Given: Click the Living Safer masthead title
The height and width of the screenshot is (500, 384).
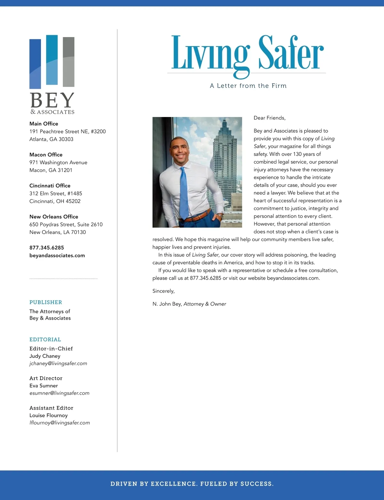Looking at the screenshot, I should (x=247, y=53).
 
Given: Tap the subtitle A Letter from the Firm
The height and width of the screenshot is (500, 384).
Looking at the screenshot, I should (x=248, y=86).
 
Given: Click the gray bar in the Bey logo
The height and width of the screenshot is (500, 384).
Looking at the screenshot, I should (x=68, y=62).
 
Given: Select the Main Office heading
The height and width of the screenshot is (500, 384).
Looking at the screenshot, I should (x=44, y=124).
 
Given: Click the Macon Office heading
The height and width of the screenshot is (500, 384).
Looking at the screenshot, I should (x=46, y=155).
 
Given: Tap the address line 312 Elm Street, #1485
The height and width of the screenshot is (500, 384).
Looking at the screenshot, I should (x=56, y=193).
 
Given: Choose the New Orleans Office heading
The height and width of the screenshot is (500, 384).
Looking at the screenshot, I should (x=54, y=217).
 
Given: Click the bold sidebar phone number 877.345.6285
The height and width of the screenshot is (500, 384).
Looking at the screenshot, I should (x=47, y=248).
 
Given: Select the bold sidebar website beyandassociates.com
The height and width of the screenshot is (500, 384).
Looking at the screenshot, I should (x=57, y=255).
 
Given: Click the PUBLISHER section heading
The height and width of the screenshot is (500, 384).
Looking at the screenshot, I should (x=46, y=302).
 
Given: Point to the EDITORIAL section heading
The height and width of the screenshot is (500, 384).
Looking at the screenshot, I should (x=45, y=340).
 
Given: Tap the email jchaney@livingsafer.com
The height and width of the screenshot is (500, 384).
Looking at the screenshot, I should (x=58, y=363).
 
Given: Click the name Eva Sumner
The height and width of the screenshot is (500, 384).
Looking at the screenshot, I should (x=44, y=386).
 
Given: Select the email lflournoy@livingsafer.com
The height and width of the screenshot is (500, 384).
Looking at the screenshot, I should (x=60, y=423).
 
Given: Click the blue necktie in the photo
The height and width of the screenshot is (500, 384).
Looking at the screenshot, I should (x=184, y=192).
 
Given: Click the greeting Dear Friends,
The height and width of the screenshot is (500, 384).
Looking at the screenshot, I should (x=269, y=118).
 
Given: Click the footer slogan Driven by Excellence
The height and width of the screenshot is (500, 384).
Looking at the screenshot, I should (x=192, y=484).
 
